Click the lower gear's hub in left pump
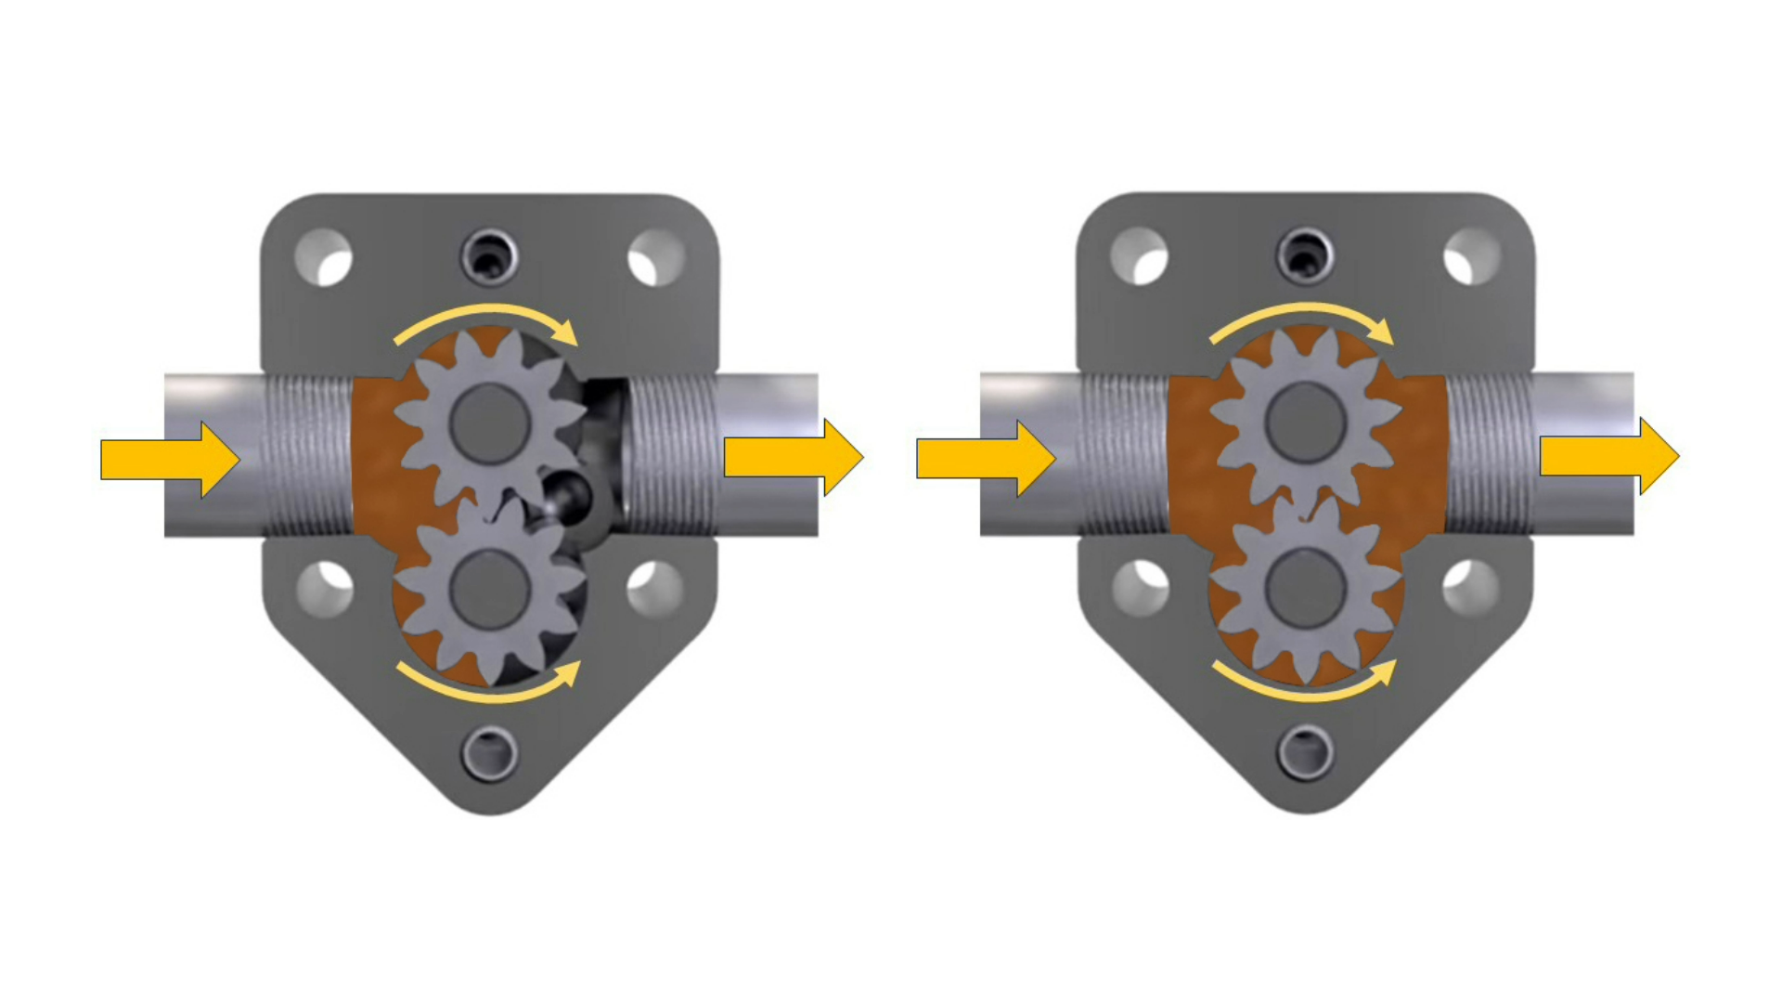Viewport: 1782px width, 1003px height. click(489, 591)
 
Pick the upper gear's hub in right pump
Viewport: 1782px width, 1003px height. click(1305, 423)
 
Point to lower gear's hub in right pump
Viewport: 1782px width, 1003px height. click(1305, 589)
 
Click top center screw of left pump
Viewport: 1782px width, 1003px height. click(489, 253)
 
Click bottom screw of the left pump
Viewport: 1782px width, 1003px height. click(490, 753)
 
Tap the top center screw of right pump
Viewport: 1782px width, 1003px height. click(1305, 252)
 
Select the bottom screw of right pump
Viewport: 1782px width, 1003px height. click(1306, 751)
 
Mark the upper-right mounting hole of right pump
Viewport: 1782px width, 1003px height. click(1471, 256)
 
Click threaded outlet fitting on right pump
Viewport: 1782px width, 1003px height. click(1489, 455)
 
